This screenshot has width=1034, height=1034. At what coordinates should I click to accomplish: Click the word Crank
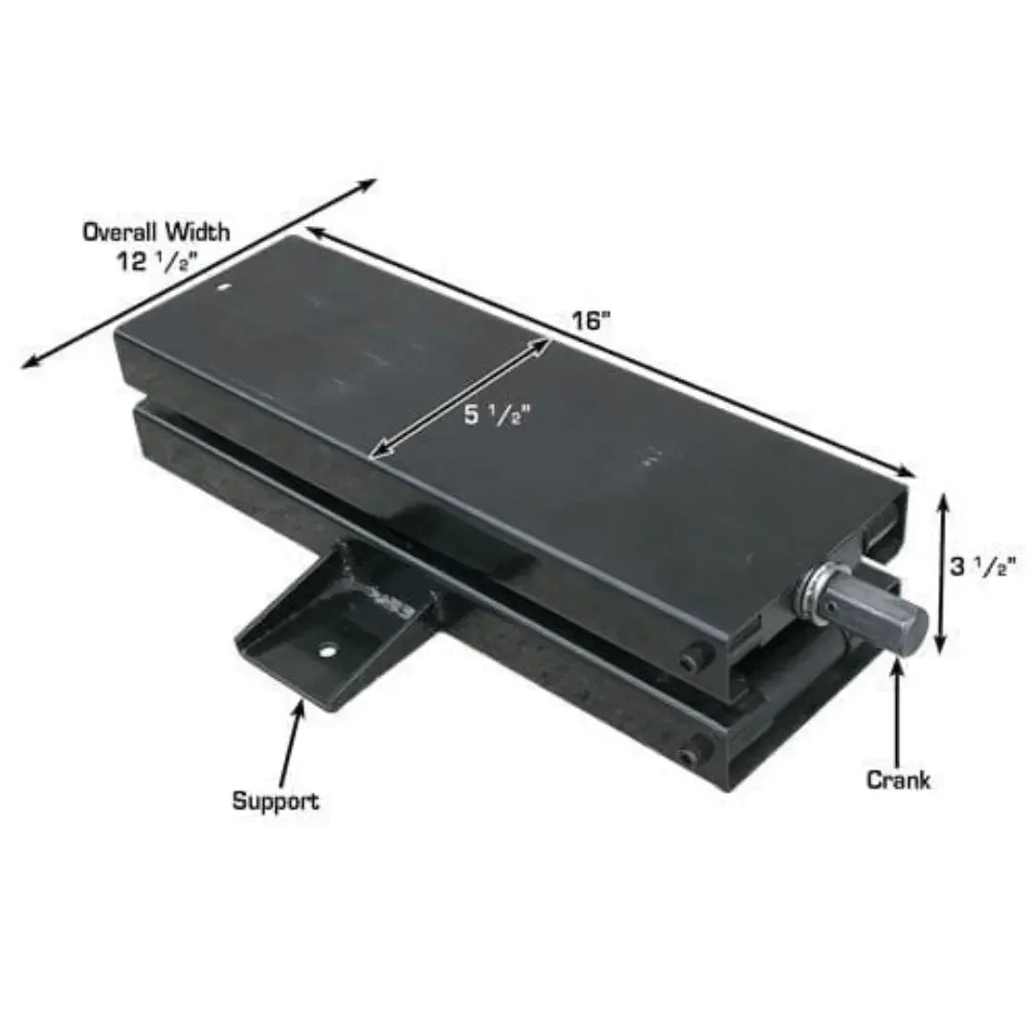(897, 780)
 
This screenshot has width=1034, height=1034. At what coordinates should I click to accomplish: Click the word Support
(276, 802)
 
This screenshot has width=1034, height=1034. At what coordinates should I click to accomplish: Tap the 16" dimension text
(593, 321)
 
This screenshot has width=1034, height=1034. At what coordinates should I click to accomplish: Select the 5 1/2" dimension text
(498, 416)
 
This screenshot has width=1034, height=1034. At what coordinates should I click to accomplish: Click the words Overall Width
(156, 232)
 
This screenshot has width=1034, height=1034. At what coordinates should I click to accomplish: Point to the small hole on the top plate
(224, 287)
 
